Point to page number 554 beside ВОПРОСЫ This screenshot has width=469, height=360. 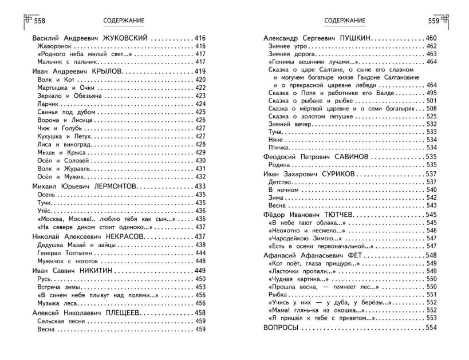431,328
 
